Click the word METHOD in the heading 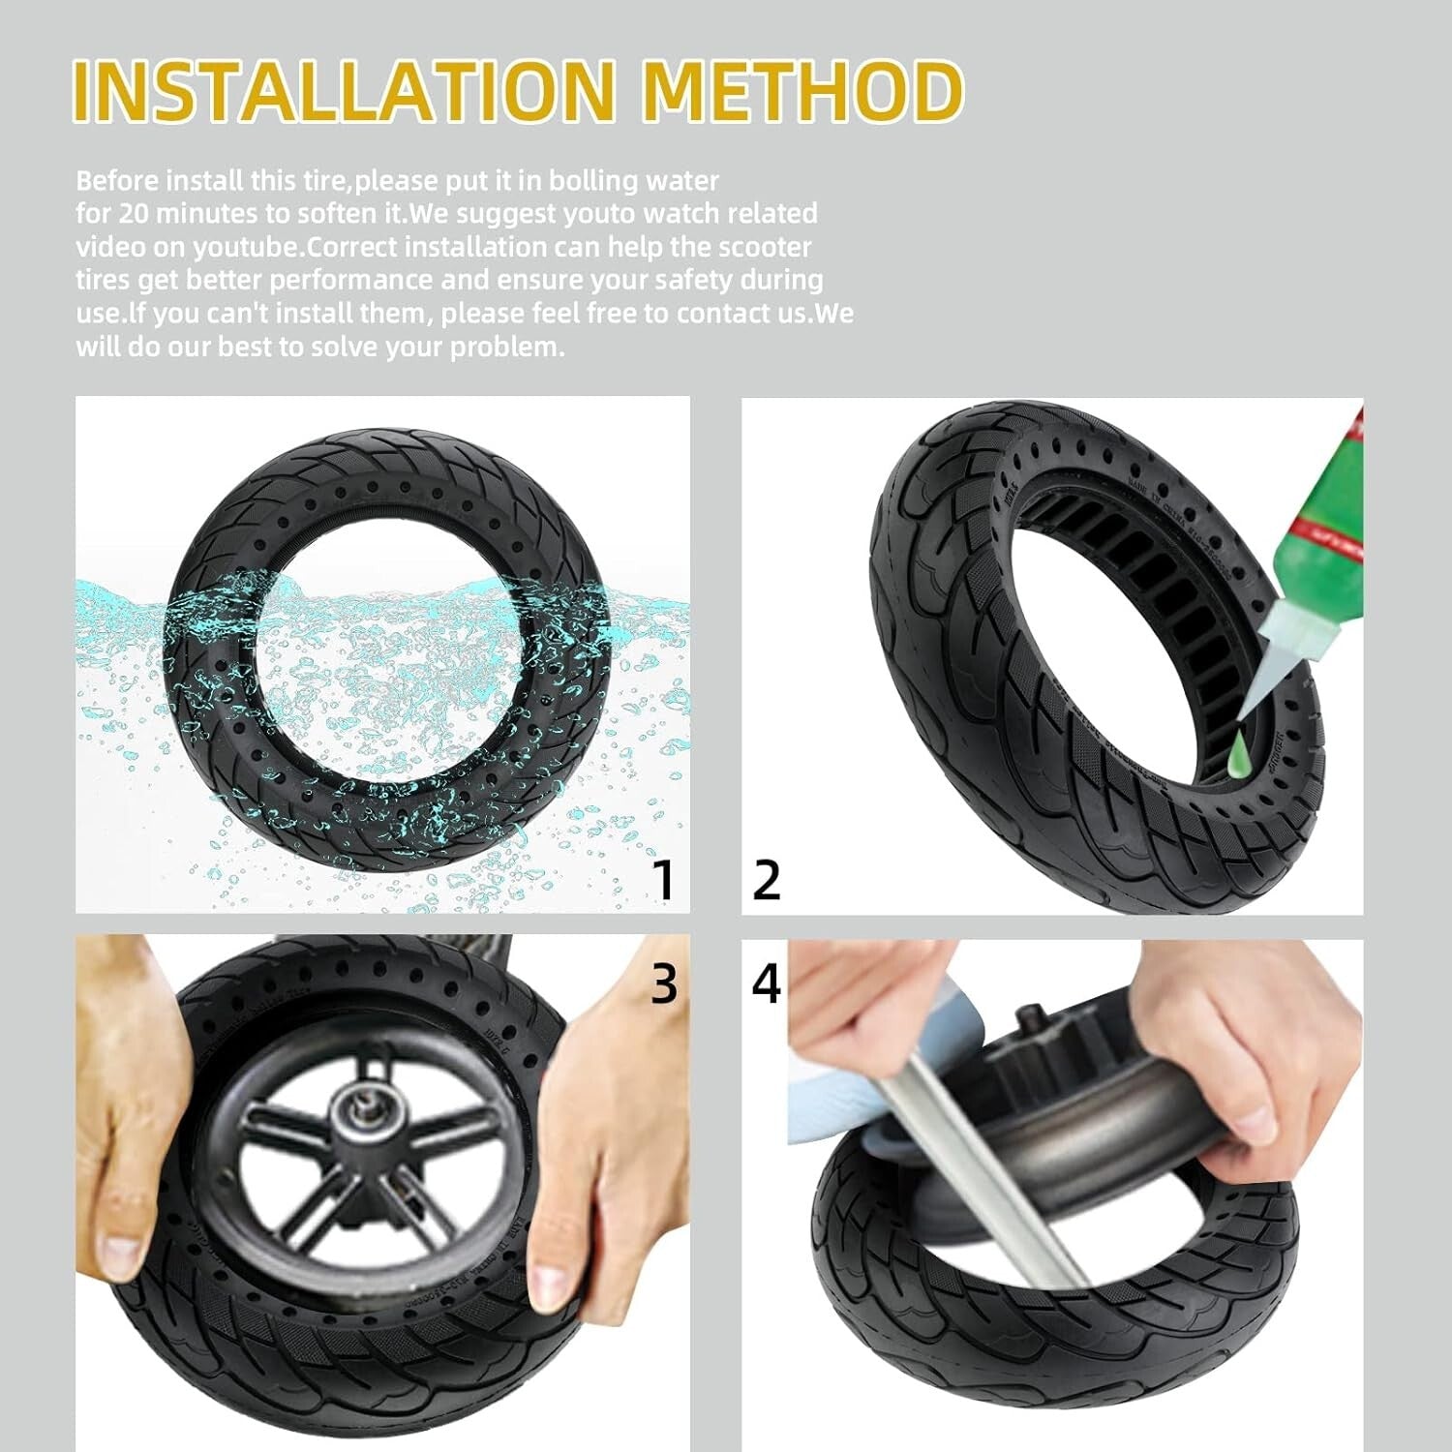802,90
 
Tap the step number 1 662,880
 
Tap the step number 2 766,880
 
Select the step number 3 663,983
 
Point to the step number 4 766,983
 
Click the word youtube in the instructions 244,247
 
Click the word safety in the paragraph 695,280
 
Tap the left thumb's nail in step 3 124,1249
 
